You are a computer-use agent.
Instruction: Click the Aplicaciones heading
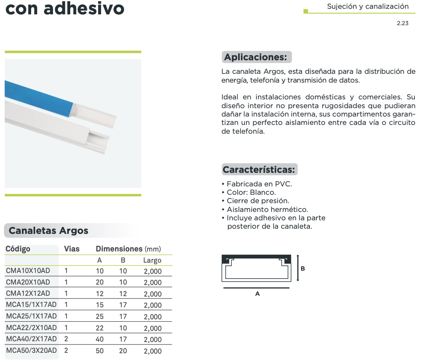click(x=256, y=57)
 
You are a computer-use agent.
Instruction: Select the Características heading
click(x=259, y=170)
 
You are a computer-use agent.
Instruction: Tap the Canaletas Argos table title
click(x=48, y=231)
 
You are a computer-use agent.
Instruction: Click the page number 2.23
click(x=402, y=24)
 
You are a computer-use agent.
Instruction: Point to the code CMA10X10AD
click(x=28, y=271)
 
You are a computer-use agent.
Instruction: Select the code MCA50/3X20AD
click(x=32, y=351)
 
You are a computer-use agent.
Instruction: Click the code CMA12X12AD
click(x=28, y=294)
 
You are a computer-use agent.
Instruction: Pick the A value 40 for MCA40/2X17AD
click(x=100, y=340)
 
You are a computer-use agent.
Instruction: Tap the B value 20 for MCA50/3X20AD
click(x=123, y=351)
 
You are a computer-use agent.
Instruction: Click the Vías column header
click(x=72, y=249)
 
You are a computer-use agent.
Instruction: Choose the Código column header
click(x=18, y=249)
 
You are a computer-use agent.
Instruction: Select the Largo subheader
click(x=152, y=261)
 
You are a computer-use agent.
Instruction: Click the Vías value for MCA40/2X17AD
click(x=66, y=340)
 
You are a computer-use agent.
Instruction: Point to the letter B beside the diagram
click(x=303, y=269)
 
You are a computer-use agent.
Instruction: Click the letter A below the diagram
click(x=257, y=294)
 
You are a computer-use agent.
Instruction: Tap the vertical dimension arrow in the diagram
click(x=298, y=268)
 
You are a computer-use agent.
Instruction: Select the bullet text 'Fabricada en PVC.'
click(x=259, y=184)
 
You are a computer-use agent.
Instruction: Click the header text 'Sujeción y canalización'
click(x=367, y=6)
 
